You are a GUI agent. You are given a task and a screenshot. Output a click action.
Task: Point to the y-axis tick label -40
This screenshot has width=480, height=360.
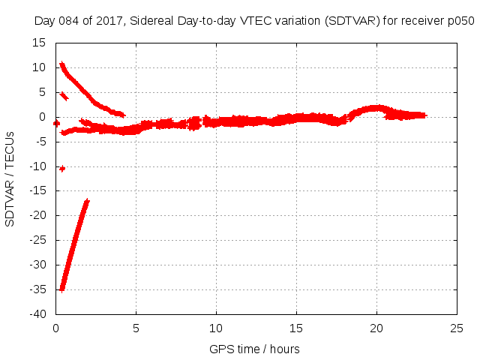[37, 314]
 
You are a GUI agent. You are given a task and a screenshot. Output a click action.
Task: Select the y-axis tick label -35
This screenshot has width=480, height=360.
[37, 289]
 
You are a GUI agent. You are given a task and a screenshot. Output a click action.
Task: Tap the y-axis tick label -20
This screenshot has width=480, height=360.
[37, 215]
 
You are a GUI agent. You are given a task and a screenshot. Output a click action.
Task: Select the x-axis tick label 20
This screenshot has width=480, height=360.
[377, 328]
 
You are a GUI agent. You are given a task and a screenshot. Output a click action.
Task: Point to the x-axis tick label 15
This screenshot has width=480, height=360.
[297, 328]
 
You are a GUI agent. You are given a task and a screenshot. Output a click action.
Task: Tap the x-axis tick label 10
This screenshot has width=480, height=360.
[217, 328]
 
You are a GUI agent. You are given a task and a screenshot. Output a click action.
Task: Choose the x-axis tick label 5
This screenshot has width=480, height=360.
[136, 328]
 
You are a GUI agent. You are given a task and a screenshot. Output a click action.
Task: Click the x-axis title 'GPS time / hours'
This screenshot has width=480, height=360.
[255, 349]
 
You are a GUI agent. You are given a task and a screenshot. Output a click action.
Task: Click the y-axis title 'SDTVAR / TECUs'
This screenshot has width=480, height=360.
[10, 178]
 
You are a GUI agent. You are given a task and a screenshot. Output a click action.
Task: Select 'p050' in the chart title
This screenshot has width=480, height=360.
[462, 21]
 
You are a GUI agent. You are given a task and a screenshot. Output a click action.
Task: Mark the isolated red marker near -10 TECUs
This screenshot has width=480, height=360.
[62, 169]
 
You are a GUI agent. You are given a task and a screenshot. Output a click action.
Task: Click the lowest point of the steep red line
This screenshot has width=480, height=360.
[62, 288]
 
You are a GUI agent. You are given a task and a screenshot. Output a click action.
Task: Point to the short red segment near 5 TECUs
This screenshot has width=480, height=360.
[64, 95]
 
